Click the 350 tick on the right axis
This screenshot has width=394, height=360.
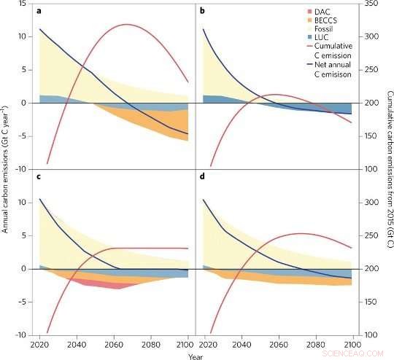pos(370,4)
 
